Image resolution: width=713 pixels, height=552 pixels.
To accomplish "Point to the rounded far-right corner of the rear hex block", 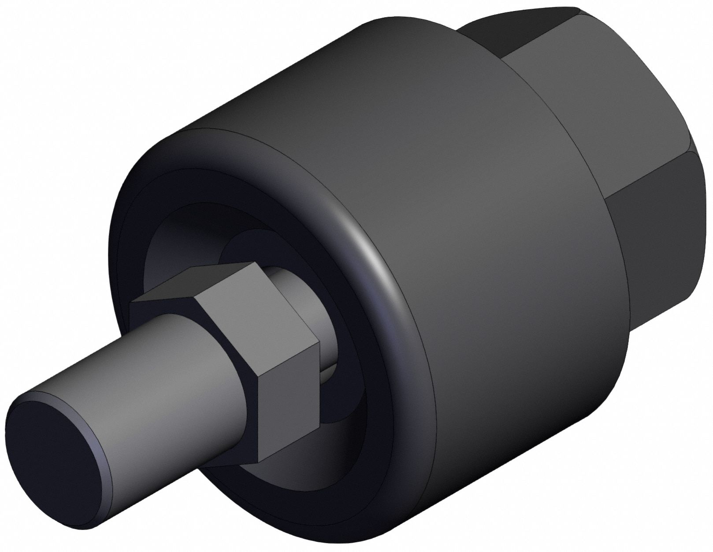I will [x=701, y=150].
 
